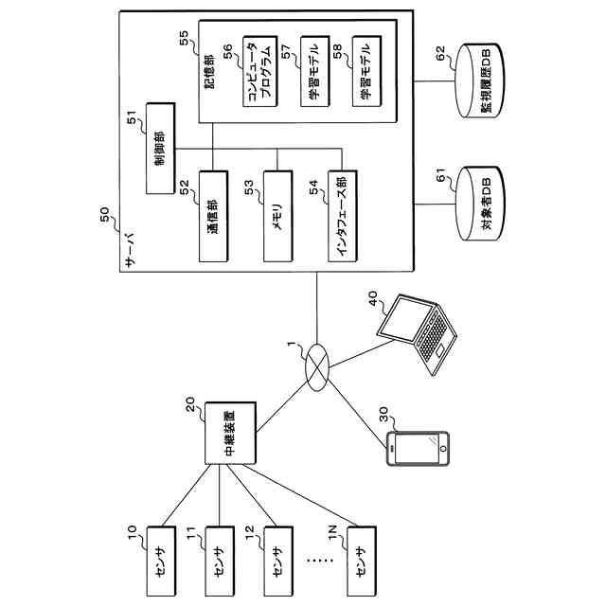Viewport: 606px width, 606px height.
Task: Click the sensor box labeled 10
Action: (x=161, y=561)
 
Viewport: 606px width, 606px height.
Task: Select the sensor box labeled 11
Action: (x=220, y=561)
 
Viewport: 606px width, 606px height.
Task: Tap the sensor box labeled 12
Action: (x=278, y=561)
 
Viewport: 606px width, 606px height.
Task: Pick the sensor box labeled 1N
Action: (x=362, y=561)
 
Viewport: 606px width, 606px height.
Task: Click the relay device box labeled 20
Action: (x=230, y=434)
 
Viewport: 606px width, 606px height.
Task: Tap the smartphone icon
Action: (x=418, y=448)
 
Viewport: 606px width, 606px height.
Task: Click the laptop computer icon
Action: (x=418, y=334)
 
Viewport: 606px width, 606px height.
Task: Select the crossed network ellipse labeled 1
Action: (x=317, y=367)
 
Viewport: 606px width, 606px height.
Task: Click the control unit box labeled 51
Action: (x=160, y=149)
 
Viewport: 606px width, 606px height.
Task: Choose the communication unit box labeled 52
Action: (x=213, y=217)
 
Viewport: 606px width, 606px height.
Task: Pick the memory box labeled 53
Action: (x=277, y=217)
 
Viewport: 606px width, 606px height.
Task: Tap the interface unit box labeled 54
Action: (x=343, y=217)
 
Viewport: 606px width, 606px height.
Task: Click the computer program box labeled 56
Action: (x=260, y=72)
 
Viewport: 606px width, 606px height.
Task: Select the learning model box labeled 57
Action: (x=315, y=72)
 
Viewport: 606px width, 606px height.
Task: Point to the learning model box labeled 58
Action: (x=366, y=72)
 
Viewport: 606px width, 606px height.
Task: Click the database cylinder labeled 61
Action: (x=479, y=205)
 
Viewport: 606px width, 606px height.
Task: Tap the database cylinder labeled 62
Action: (x=479, y=80)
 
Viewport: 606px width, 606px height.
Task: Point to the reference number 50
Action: (x=105, y=215)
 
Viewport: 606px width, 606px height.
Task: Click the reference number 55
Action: (x=185, y=38)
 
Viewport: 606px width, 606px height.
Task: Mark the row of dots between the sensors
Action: (x=320, y=560)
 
